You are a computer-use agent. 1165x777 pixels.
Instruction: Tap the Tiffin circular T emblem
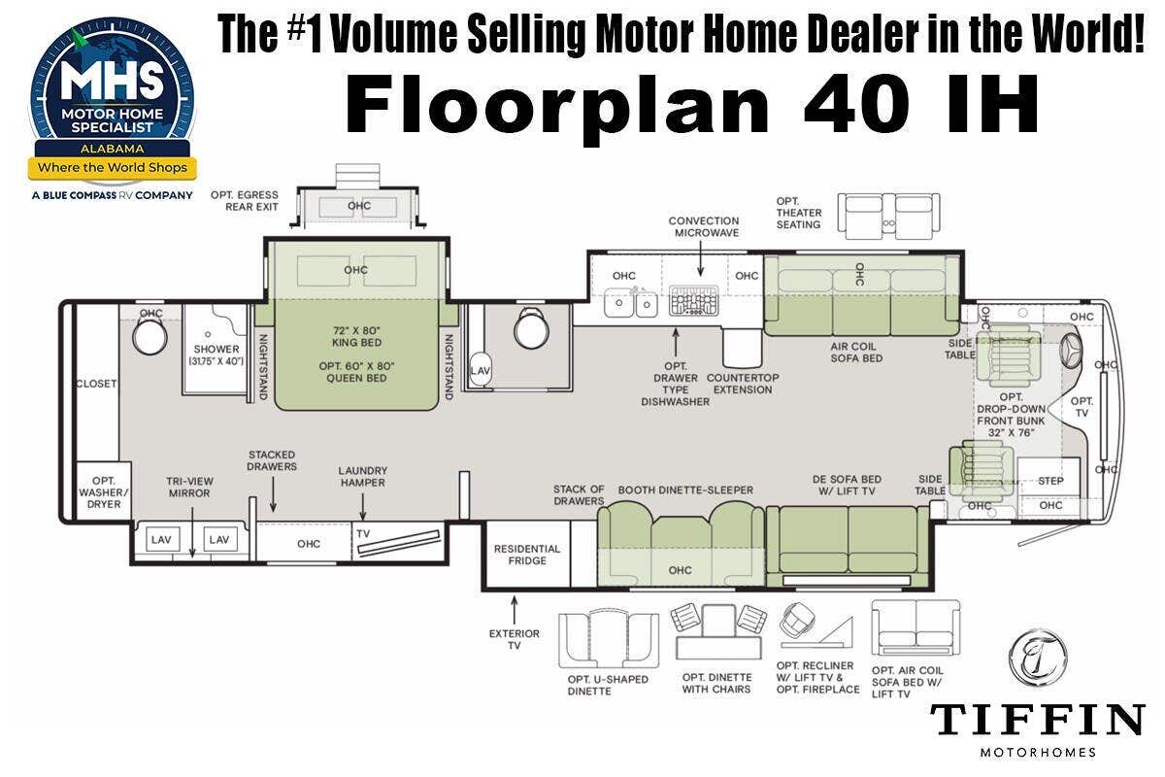pos(1038,658)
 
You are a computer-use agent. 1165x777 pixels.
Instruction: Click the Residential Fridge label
pos(527,555)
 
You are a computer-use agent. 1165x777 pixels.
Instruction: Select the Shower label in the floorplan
pos(216,349)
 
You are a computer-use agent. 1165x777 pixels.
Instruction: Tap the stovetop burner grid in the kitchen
pos(693,300)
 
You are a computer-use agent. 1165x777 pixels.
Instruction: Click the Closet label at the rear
pos(96,384)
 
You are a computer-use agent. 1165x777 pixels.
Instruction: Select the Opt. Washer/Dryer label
pos(104,492)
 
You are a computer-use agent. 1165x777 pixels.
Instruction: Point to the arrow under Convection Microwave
pos(701,258)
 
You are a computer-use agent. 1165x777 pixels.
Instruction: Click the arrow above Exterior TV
pos(515,611)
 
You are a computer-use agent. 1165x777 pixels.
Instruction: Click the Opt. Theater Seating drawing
pos(888,216)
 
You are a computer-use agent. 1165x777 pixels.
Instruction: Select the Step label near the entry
pos(1050,481)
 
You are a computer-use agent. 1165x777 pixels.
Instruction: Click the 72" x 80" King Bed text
pos(357,336)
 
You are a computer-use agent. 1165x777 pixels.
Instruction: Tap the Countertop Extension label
pos(743,384)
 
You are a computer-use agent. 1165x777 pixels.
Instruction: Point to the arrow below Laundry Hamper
pos(362,506)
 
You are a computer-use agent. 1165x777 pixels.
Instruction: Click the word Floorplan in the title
pos(557,105)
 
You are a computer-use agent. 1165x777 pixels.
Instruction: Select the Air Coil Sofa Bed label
pos(856,353)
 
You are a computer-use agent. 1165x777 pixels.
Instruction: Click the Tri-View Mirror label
pos(189,488)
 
